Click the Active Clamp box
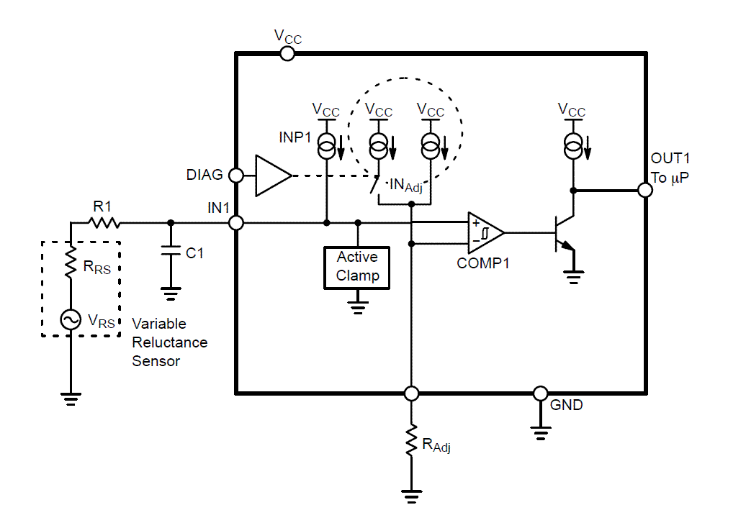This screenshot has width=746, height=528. coord(357,267)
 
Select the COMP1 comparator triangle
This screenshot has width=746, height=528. coord(483,232)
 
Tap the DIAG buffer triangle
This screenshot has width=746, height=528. coord(272,176)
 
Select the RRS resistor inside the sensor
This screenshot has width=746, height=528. coord(71,265)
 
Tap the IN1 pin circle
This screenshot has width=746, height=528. coord(236,223)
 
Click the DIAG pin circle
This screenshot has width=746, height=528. coord(236,175)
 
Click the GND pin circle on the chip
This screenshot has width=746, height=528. coord(540,393)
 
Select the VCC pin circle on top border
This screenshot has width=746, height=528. coord(287,53)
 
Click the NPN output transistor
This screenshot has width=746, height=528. coord(563,235)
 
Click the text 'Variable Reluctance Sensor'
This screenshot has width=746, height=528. coord(169,342)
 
